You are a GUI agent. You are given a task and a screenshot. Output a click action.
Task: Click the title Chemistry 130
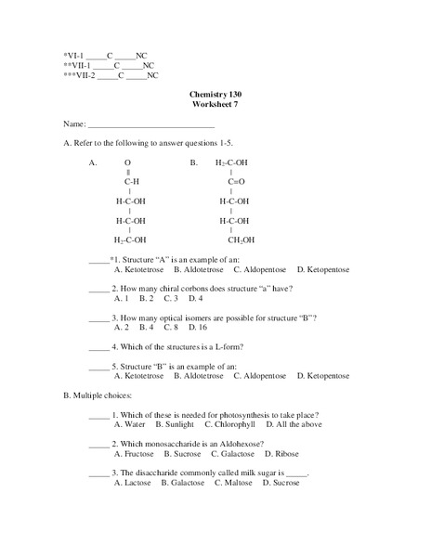(x=215, y=95)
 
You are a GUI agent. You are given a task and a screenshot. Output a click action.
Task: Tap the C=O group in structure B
(x=237, y=182)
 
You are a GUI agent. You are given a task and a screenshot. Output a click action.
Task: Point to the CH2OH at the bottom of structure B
(x=241, y=240)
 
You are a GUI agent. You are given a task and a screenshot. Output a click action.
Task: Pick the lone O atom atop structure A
(x=128, y=162)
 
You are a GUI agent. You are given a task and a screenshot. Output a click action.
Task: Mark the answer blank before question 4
(x=98, y=348)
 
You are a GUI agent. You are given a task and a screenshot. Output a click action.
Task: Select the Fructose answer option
(x=134, y=454)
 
